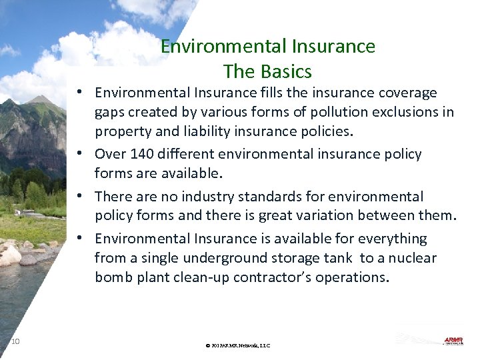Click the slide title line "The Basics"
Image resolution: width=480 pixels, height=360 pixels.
(267, 71)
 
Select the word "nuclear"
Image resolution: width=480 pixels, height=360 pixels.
(412, 258)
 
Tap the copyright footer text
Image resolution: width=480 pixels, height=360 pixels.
(238, 345)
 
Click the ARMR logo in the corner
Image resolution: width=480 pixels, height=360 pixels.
(453, 341)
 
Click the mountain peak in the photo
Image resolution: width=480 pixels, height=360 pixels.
(41, 100)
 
